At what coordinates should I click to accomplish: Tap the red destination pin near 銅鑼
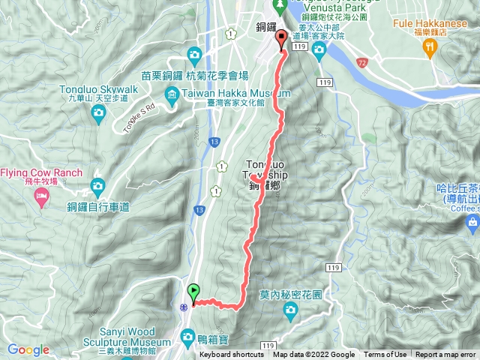click(282, 40)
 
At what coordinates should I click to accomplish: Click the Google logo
click(28, 349)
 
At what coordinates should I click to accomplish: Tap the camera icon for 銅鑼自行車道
click(97, 185)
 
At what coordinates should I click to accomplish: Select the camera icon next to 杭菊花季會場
click(194, 54)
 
